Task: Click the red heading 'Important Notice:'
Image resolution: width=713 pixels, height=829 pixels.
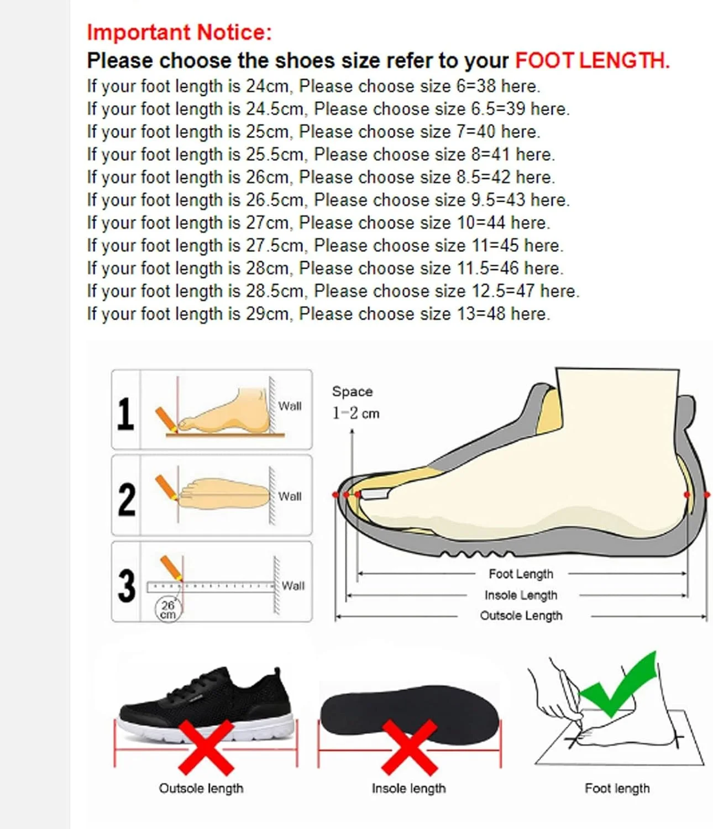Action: tap(179, 32)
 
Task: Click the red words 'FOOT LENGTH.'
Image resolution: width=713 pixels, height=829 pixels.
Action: tap(593, 61)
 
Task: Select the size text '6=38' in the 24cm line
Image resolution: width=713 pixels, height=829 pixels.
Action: tap(476, 86)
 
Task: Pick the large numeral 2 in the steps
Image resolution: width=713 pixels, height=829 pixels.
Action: tap(127, 499)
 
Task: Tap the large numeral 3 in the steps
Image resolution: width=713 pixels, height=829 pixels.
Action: tap(127, 586)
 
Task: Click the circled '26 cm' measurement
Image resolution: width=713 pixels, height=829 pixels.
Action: tap(168, 610)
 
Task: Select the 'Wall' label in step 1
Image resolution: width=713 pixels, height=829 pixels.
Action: tap(290, 406)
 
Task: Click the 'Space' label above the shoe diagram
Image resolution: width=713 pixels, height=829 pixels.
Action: tap(352, 391)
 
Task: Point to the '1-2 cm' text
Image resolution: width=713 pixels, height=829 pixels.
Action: tap(356, 413)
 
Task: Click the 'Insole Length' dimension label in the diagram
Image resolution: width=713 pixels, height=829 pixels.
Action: tap(521, 595)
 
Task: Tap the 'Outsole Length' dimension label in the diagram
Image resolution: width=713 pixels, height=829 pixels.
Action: tap(521, 616)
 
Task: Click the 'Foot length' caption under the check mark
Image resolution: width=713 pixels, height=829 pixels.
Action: tap(617, 789)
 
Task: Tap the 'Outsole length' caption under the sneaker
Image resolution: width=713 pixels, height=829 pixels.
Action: tap(201, 789)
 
